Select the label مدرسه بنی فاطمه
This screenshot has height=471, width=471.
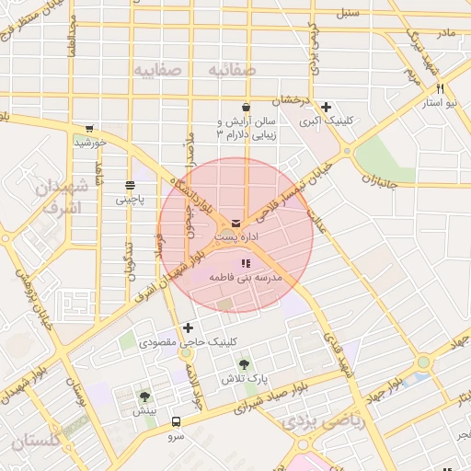pos(245,277)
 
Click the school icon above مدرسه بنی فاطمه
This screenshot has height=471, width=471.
pos(244,264)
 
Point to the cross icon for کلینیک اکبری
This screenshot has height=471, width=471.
pos(327,107)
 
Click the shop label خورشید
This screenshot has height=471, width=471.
pos(91,143)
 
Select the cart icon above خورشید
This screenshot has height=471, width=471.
pos(89,130)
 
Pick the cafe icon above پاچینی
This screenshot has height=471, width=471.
pos(130,185)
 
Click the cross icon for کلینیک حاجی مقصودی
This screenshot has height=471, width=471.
pos(189,327)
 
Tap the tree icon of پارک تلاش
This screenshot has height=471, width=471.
pos(244,365)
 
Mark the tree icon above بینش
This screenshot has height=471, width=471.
pos(144,396)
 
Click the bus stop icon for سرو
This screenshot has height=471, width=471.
pos(176,423)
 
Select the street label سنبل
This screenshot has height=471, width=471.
pos(347,14)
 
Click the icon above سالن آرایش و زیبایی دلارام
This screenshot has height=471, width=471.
pos(245,108)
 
